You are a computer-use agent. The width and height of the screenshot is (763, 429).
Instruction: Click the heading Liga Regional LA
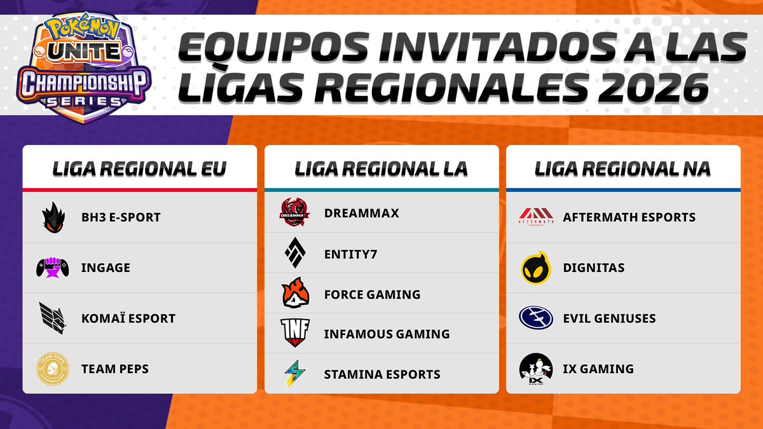click(381, 168)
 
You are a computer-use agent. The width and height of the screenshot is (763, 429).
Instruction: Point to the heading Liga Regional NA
click(622, 168)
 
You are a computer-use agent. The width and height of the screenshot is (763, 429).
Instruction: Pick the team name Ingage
click(106, 268)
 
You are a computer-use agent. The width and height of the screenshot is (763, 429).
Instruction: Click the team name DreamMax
click(361, 213)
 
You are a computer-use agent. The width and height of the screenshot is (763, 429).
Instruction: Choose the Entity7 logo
click(295, 254)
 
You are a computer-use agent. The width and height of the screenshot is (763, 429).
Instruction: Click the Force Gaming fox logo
click(295, 294)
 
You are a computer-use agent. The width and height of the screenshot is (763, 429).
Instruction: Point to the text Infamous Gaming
click(387, 334)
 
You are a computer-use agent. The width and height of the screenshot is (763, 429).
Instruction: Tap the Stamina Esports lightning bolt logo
click(294, 374)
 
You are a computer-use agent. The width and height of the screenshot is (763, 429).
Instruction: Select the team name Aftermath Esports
click(629, 217)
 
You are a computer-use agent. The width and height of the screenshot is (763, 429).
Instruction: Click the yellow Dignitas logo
click(535, 268)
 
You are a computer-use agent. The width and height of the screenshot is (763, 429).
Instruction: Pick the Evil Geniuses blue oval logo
click(535, 318)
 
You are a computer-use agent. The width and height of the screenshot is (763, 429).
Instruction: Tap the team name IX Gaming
click(598, 369)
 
